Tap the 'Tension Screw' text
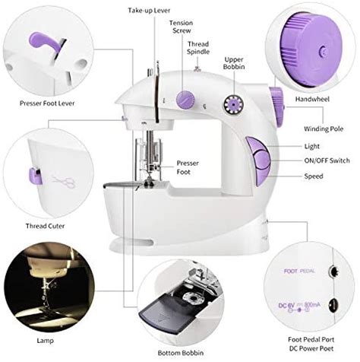(180, 28)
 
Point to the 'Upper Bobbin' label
(234, 63)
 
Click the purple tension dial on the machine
(185, 97)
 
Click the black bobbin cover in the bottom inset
(164, 313)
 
